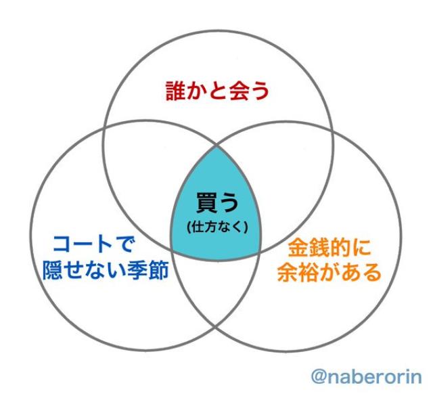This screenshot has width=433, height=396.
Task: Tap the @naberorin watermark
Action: click(x=365, y=374)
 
